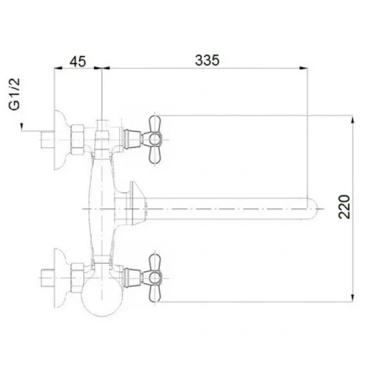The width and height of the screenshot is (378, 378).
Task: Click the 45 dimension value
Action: pos(77,61)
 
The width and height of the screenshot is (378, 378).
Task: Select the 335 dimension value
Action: pos(207,60)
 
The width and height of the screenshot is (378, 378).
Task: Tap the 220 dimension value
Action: pos(344,207)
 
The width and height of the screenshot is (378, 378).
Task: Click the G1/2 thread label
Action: pos(14,94)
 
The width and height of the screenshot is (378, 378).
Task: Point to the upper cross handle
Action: pos(155,139)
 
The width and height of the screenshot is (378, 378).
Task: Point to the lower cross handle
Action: pos(155,278)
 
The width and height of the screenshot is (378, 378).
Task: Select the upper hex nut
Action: pos(77,139)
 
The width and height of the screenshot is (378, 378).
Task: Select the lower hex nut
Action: pos(77,278)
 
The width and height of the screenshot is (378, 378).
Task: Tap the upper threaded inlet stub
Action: pos(47,139)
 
